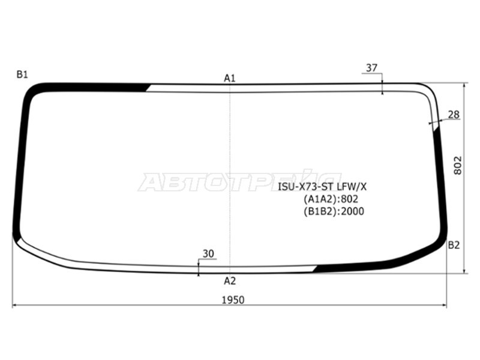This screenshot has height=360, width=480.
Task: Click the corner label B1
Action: (x=22, y=74)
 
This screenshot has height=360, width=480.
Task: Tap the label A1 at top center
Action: (x=230, y=79)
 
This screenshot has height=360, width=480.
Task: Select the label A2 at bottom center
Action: (x=230, y=281)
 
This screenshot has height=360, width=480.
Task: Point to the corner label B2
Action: (x=454, y=245)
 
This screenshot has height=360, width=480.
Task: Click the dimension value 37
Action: (x=371, y=68)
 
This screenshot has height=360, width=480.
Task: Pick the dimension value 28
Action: (x=454, y=115)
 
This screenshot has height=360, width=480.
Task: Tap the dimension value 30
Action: (x=208, y=254)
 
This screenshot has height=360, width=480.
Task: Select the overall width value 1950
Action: (x=233, y=300)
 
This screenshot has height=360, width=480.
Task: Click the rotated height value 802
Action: (x=458, y=166)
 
